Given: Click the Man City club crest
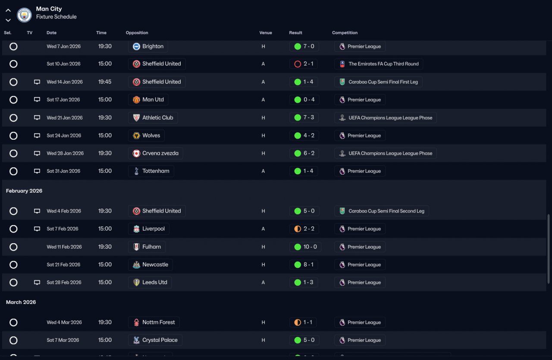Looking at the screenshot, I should pos(24,15).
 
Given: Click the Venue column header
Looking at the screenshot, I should pos(266,33).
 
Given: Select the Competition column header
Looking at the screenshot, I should pos(345,33).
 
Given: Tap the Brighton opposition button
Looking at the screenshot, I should pos(148,46).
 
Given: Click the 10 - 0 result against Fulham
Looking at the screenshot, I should pos(305,247).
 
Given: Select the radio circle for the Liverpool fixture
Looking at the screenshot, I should pos(13,229).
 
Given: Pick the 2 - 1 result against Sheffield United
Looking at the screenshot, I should pos(304,64).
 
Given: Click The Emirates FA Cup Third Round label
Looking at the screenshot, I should pos(379,64).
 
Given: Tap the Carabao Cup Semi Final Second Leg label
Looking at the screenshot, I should pos(382,211).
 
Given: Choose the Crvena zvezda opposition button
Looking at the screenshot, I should pos(155,153).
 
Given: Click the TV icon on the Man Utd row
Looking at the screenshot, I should pos(37,100).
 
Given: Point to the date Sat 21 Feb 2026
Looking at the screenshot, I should pos(64,265).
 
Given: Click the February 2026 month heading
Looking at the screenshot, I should pos(24,191).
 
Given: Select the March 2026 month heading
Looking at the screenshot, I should pos(21,302).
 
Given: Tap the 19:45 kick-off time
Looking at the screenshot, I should pos(105,82).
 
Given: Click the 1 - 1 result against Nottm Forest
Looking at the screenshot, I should pos(304,322).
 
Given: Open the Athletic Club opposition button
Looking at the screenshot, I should pos(153,118).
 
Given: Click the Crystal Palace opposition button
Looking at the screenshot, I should pos(155,340).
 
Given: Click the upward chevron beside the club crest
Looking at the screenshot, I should pos(8,10).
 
